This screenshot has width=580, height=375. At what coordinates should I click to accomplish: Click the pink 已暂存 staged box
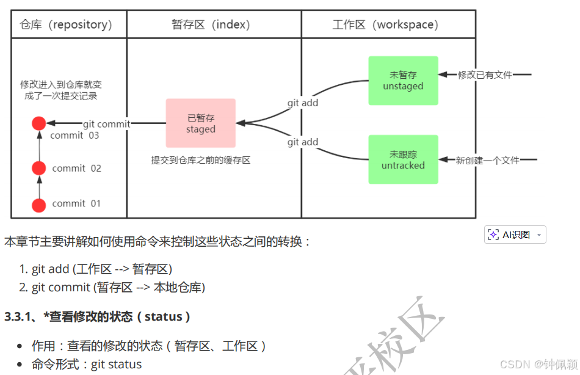coord(201,123)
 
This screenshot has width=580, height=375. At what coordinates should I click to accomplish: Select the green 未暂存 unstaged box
coord(403,81)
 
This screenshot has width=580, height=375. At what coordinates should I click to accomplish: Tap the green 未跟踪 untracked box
coord(403,159)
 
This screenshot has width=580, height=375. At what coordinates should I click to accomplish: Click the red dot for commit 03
coord(39,123)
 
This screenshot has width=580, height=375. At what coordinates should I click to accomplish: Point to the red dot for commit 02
coord(39,168)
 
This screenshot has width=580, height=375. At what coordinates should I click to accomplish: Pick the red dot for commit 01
coord(39,205)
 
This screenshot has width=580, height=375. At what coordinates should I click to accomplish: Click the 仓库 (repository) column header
coord(66,25)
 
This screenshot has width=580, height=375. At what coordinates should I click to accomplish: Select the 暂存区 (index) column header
coord(211,25)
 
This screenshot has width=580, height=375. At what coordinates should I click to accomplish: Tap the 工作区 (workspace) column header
coord(385,25)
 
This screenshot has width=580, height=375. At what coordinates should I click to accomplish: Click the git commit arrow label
coord(106,124)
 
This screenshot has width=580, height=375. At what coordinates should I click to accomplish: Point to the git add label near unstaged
coord(303,103)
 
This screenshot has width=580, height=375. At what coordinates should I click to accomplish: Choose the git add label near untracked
coord(303,142)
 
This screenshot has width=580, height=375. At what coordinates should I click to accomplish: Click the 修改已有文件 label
coord(485,75)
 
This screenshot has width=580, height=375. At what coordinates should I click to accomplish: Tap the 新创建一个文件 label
coord(487,160)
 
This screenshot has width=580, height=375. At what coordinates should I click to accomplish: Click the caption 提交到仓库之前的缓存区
coord(201,160)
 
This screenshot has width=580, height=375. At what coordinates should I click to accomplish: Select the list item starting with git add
coord(101,269)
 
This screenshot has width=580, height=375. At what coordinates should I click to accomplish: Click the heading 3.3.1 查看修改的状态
coord(98,316)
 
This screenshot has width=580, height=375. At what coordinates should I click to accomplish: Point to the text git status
coord(116,365)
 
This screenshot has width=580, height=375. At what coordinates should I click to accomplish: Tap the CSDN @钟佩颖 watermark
coord(538,365)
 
